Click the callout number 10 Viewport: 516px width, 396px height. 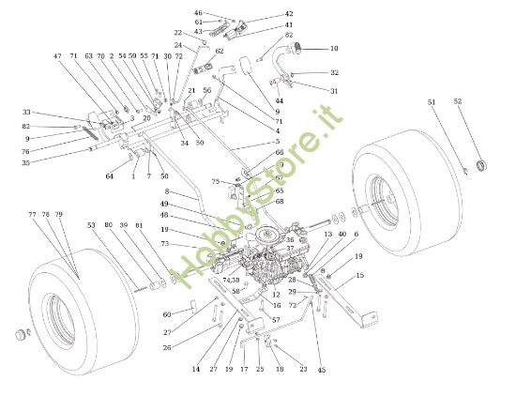pyautogui.click(x=334, y=48)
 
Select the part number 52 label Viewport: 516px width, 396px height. pyautogui.click(x=458, y=101)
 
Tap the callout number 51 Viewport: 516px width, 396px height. pyautogui.click(x=432, y=101)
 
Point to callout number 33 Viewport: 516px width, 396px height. pyautogui.click(x=26, y=113)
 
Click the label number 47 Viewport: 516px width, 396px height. pyautogui.click(x=57, y=56)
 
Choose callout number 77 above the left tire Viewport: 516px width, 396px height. pyautogui.click(x=32, y=215)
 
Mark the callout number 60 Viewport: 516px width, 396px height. pyautogui.click(x=167, y=314)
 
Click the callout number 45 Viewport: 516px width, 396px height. pyautogui.click(x=323, y=369)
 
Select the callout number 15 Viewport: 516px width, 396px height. pyautogui.click(x=360, y=275)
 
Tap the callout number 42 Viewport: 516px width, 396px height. pyautogui.click(x=289, y=15)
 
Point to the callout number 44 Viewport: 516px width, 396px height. pyautogui.click(x=279, y=99)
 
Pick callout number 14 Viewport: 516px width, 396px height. pyautogui.click(x=196, y=370)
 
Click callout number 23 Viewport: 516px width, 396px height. pyautogui.click(x=303, y=369)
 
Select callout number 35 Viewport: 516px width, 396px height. pyautogui.click(x=25, y=162)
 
